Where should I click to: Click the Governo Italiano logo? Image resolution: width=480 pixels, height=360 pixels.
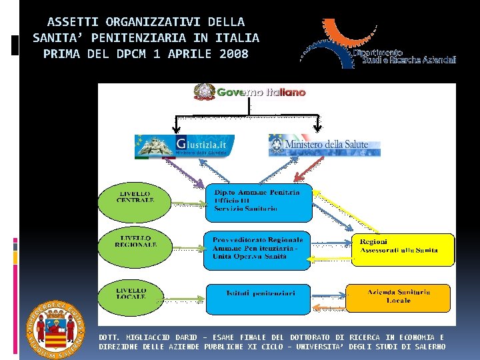coord(249,92)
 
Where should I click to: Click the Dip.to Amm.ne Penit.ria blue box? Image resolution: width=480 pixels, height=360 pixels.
coord(258,203)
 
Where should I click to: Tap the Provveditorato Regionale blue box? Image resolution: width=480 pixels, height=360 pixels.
coord(257,251)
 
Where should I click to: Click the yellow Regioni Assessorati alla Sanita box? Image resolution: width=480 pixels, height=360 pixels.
coord(403,248)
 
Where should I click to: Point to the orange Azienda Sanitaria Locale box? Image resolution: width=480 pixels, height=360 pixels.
coord(399,297)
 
